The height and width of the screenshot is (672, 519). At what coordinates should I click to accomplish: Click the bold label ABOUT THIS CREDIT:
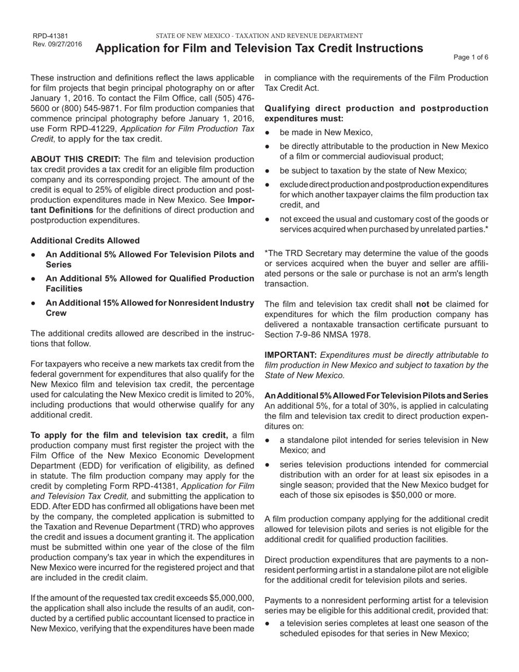[x=75, y=159]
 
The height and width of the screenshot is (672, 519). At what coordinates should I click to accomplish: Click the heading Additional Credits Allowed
[x=85, y=240]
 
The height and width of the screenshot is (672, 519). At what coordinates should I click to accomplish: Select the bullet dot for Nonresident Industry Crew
[x=34, y=303]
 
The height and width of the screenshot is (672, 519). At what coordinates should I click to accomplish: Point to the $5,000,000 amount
[x=227, y=598]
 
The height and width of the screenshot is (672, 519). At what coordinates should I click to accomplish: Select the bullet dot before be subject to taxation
[x=267, y=170]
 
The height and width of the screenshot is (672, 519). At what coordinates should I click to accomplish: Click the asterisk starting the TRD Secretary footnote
[x=267, y=254]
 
